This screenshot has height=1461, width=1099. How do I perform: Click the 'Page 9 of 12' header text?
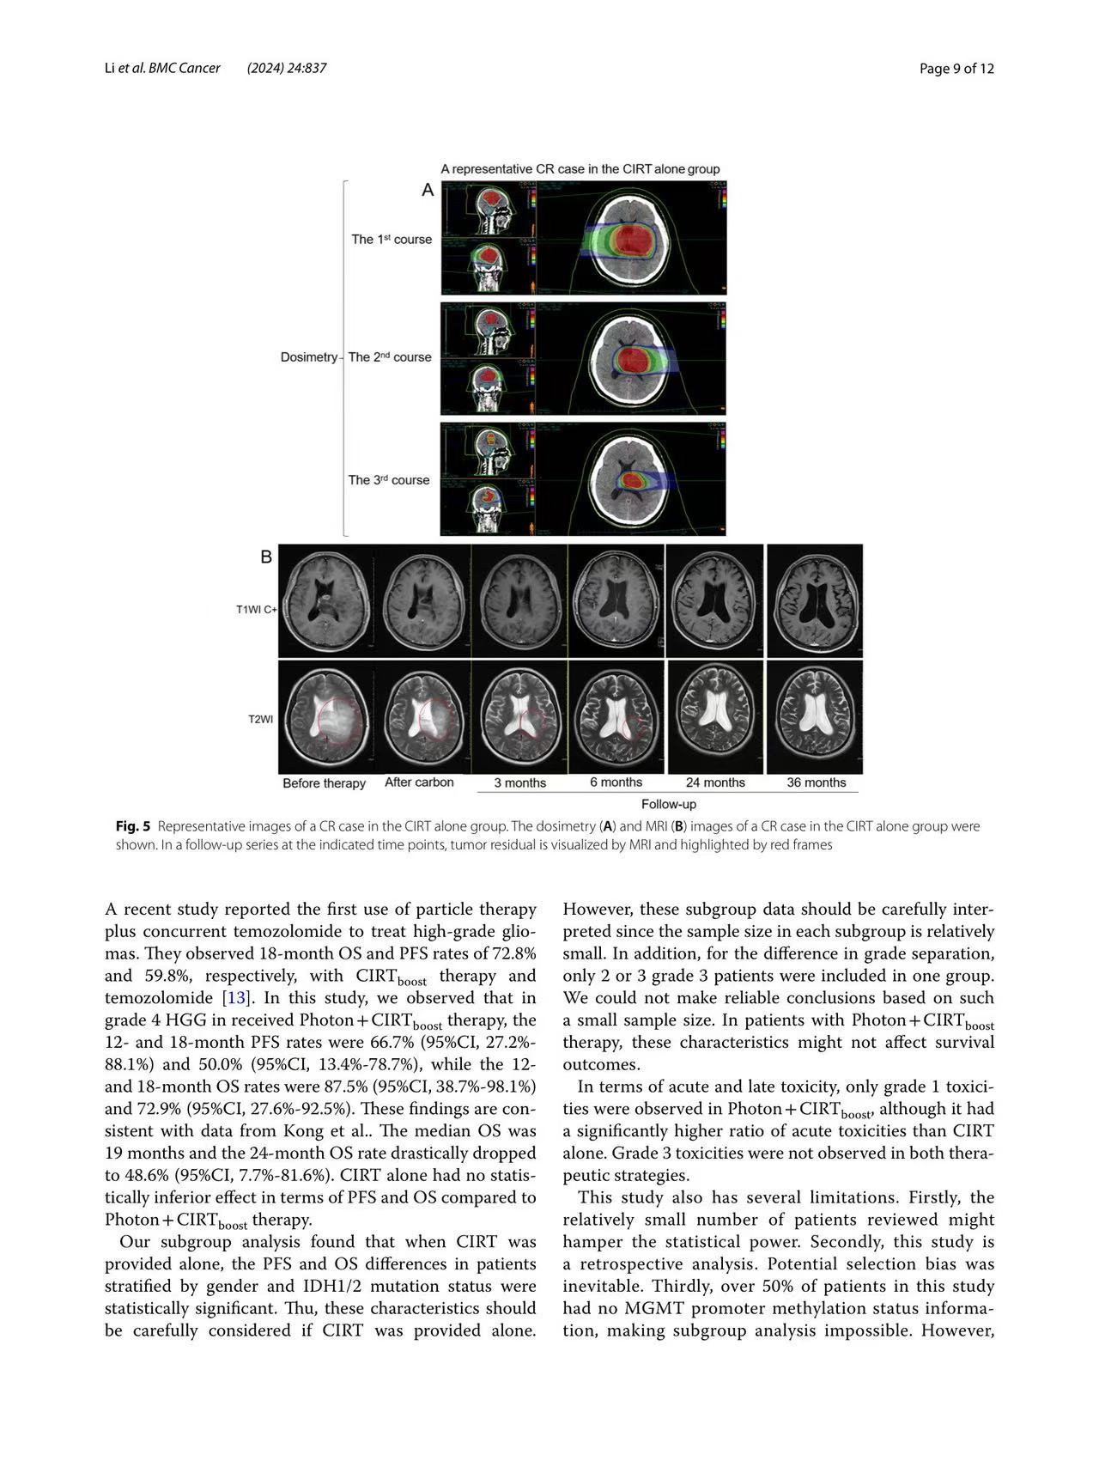click(956, 69)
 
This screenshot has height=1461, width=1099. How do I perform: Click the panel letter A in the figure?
click(428, 191)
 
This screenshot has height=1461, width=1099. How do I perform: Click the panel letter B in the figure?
click(266, 557)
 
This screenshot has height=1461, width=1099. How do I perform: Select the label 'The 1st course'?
click(391, 240)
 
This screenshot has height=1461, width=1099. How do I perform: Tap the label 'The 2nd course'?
click(390, 357)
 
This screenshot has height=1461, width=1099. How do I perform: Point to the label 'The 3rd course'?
click(389, 480)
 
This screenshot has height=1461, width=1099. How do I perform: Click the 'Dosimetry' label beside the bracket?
click(308, 357)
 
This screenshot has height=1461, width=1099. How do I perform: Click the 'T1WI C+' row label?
click(257, 610)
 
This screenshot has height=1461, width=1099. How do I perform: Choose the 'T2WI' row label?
click(261, 719)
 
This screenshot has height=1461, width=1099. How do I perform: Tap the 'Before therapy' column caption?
click(324, 783)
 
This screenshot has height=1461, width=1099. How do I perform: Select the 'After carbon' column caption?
click(419, 782)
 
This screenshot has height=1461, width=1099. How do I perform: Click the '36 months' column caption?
click(816, 782)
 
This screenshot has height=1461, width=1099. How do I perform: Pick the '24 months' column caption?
click(715, 782)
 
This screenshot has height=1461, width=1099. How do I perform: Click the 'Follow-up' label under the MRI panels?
click(668, 805)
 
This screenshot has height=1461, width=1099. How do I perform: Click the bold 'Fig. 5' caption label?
click(133, 826)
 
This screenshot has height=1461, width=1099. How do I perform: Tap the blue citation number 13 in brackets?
click(234, 998)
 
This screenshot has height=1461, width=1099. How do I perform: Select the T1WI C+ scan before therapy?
click(325, 601)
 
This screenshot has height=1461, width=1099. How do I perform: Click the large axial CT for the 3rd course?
click(634, 478)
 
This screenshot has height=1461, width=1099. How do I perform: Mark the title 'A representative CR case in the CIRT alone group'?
click(580, 169)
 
